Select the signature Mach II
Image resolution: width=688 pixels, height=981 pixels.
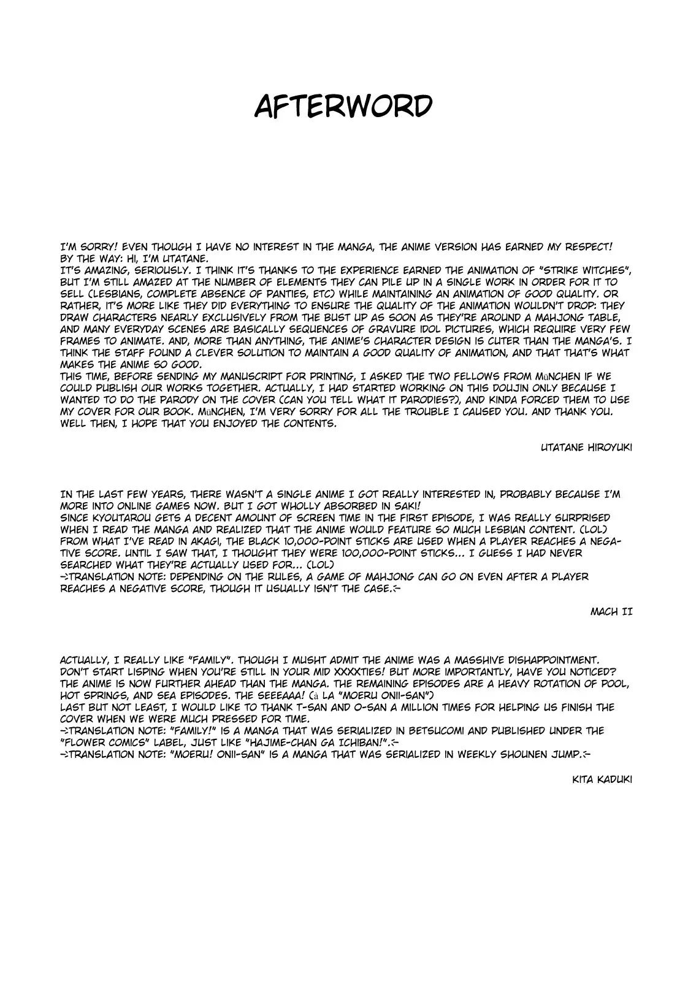[611, 611]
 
